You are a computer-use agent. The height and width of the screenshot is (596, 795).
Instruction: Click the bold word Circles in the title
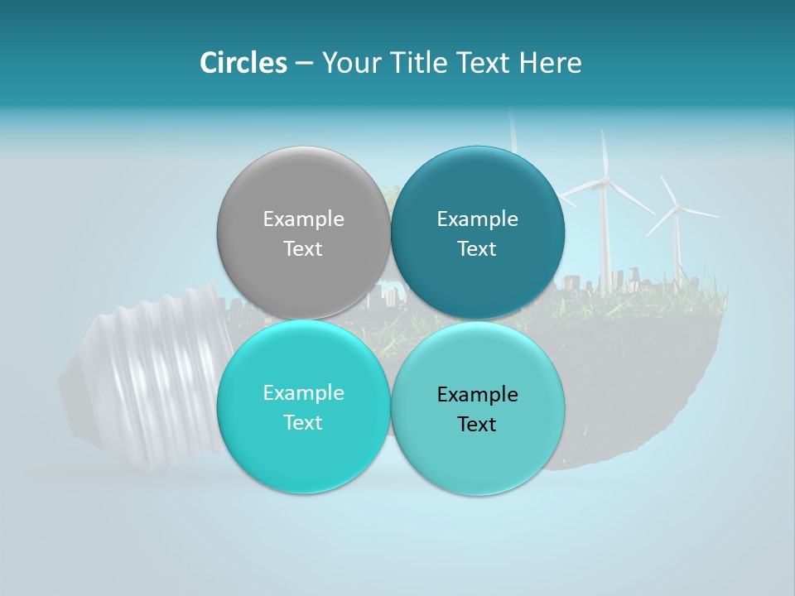(243, 63)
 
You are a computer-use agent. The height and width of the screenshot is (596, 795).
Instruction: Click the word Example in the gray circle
(303, 219)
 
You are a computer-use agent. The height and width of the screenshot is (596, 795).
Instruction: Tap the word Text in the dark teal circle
(477, 248)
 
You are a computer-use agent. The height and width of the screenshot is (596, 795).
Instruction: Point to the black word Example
(477, 394)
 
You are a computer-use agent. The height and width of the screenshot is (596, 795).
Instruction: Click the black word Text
(477, 424)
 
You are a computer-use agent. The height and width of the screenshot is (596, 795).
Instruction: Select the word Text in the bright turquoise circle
(303, 422)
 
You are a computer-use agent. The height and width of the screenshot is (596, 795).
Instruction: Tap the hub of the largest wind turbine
(605, 180)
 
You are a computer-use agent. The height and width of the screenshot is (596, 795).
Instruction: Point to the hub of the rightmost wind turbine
(677, 208)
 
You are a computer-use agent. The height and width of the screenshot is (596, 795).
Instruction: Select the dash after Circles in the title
(304, 63)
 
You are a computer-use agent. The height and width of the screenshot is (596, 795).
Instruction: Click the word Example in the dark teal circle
(477, 219)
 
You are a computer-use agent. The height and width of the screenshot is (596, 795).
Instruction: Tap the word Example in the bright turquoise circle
(303, 392)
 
